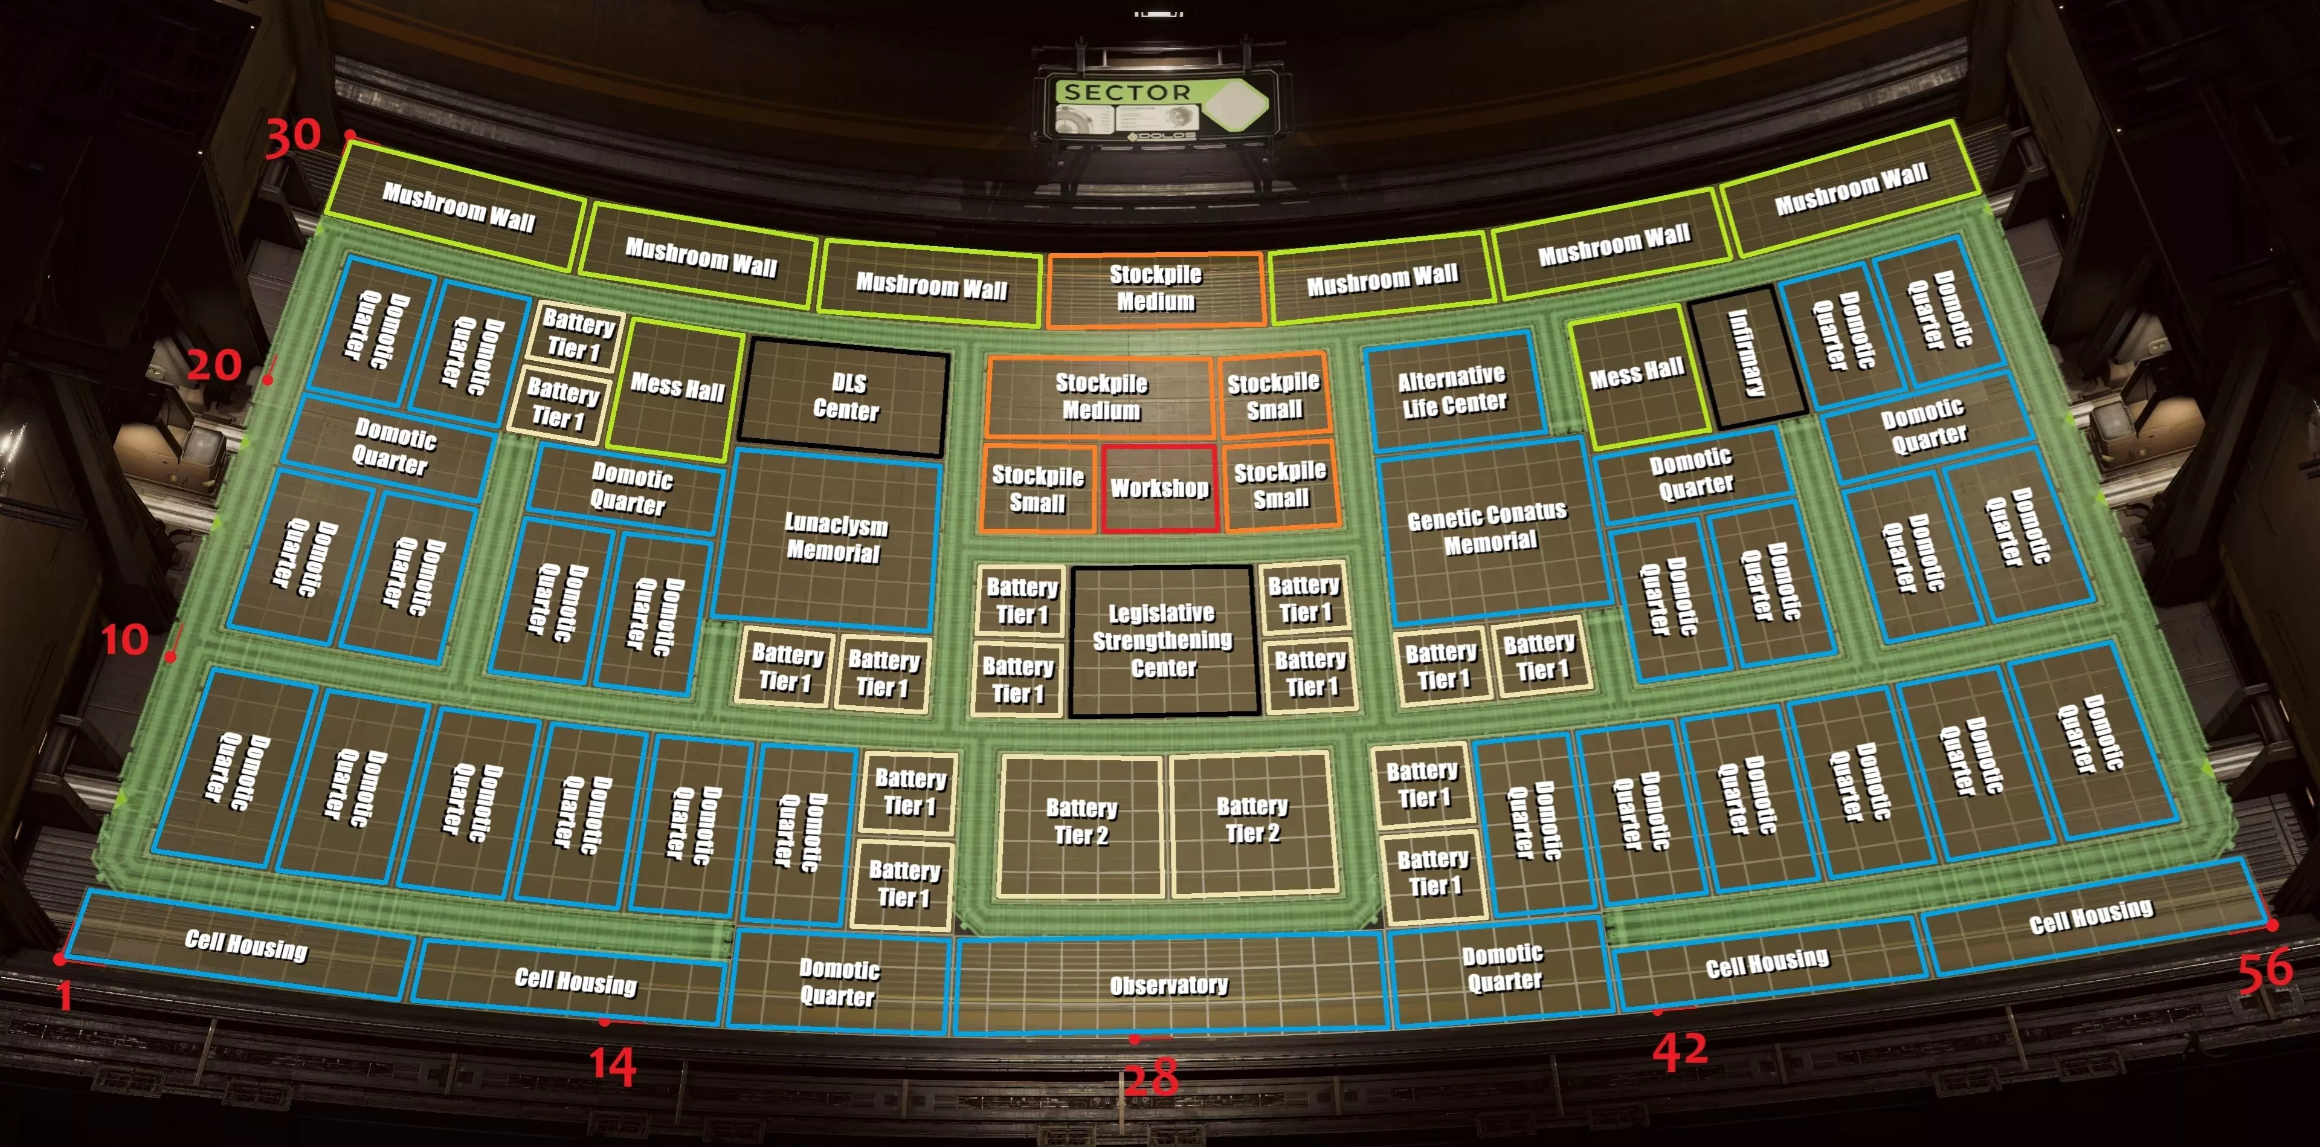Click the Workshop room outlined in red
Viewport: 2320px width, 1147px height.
coord(1159,488)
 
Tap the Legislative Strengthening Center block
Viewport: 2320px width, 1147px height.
coord(1162,641)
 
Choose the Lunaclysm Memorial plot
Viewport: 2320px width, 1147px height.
coord(834,538)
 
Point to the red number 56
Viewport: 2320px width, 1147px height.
coord(2265,969)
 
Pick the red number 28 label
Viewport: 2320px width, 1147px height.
coord(1150,1078)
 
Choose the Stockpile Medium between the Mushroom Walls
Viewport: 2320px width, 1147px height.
coord(1156,288)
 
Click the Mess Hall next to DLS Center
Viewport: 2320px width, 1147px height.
coord(677,387)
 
